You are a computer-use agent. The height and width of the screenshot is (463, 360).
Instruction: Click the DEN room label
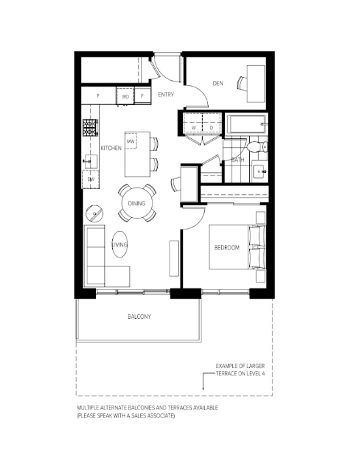tap(218, 83)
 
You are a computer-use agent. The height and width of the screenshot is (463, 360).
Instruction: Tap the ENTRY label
tap(166, 95)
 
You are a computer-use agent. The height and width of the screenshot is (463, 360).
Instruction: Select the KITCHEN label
tap(111, 148)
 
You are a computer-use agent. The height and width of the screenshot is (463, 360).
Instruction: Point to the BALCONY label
tap(139, 316)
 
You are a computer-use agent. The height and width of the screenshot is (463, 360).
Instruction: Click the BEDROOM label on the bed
tap(227, 247)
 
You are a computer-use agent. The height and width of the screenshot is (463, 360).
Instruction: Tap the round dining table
tap(138, 203)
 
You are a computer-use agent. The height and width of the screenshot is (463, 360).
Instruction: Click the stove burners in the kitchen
tap(90, 128)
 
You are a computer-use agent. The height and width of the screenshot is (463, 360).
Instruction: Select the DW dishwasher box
tap(91, 179)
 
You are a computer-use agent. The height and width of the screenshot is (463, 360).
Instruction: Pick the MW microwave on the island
tap(131, 142)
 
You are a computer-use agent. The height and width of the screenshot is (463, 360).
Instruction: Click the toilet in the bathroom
tap(258, 146)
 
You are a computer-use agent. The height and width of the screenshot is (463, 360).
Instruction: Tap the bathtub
tap(247, 125)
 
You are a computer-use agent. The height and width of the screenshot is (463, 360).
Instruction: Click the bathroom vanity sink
tap(260, 172)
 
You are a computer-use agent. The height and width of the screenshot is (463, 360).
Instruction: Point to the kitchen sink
tap(91, 161)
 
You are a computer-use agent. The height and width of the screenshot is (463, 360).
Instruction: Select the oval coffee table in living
tap(120, 245)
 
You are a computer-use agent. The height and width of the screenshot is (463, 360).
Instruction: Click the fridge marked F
tap(142, 96)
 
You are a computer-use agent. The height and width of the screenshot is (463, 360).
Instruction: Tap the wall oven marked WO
tap(125, 96)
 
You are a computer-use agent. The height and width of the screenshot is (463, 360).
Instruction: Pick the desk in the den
tap(256, 84)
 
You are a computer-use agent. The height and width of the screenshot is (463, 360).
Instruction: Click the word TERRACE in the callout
tap(226, 374)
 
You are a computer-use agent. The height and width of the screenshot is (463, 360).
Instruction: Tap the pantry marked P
tap(98, 96)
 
